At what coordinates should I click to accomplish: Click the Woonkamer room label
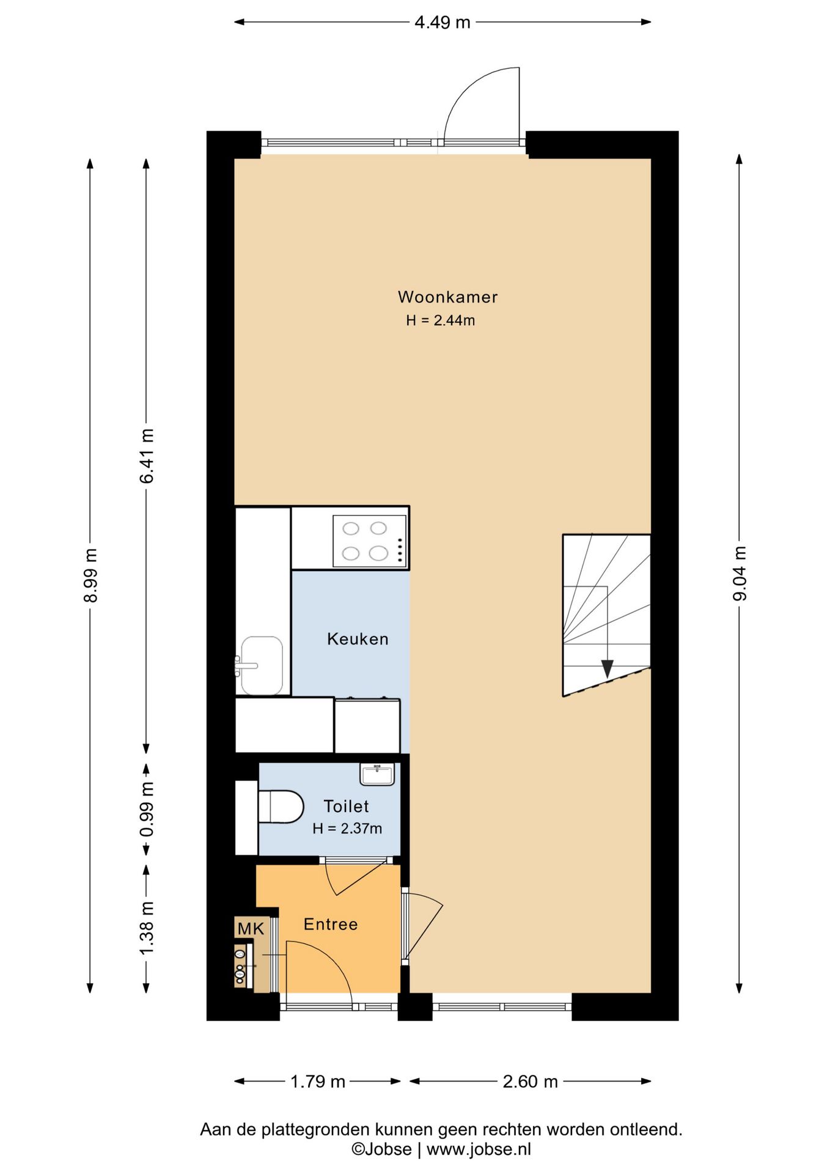click(x=447, y=297)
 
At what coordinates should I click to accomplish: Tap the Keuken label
click(x=358, y=639)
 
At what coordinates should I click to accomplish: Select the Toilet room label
click(x=346, y=807)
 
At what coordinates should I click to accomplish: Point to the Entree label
click(x=331, y=924)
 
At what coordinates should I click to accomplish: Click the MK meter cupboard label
click(x=251, y=929)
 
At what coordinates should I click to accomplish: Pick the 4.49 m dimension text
click(x=443, y=23)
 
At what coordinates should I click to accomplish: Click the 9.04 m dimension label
click(x=740, y=574)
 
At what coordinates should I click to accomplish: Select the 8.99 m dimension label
click(x=90, y=575)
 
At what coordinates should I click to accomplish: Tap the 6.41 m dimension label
click(x=147, y=456)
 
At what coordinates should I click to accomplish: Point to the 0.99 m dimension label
click(x=147, y=810)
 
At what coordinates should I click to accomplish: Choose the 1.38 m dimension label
click(x=147, y=928)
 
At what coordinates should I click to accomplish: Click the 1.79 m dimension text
click(x=318, y=1082)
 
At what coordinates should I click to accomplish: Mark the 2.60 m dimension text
click(x=530, y=1082)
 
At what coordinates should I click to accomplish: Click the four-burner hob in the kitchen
click(x=370, y=541)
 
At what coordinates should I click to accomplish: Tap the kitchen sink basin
click(x=262, y=665)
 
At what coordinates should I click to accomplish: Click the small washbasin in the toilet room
click(x=377, y=774)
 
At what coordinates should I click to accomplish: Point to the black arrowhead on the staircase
click(x=607, y=669)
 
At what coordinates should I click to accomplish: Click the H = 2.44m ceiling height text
click(x=440, y=320)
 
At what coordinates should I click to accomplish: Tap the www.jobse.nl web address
click(x=479, y=1150)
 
